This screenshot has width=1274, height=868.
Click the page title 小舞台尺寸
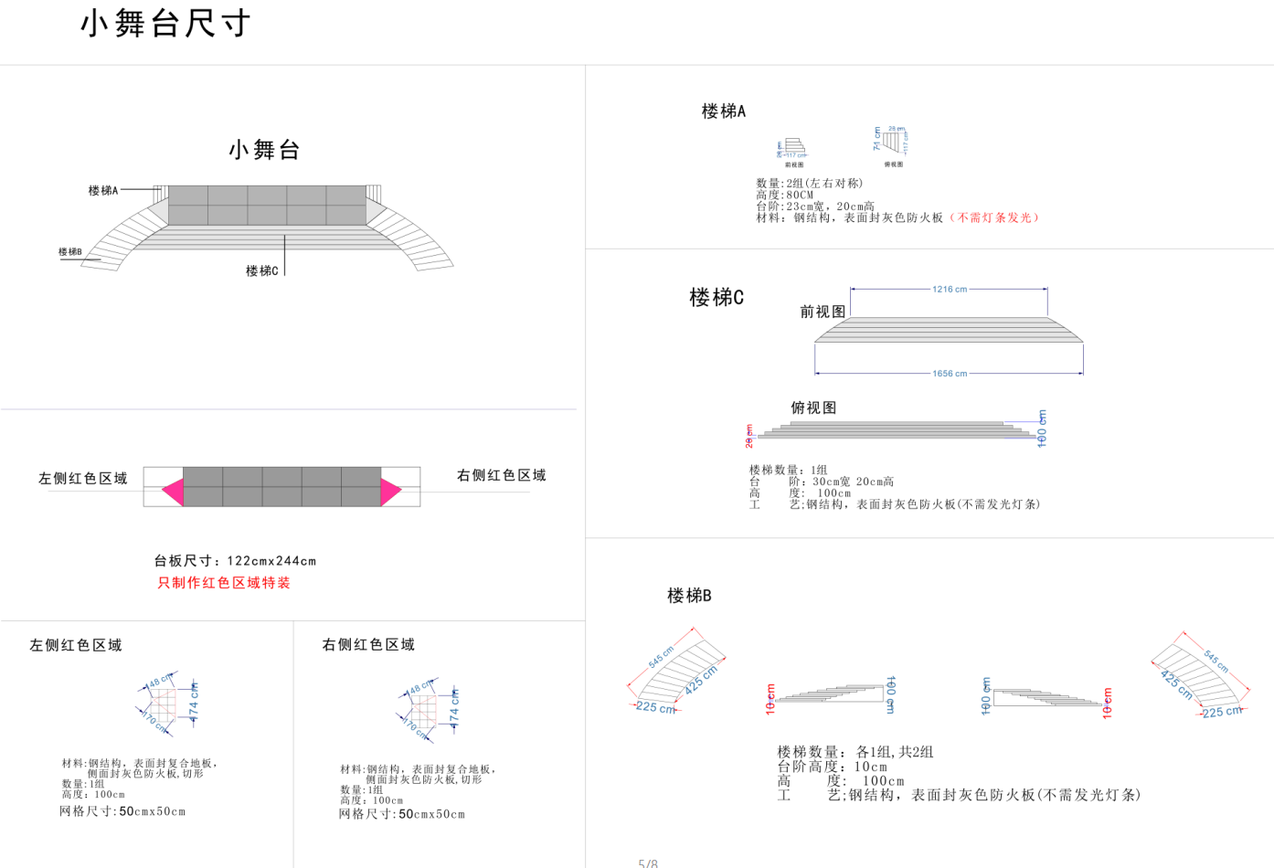pos(165,24)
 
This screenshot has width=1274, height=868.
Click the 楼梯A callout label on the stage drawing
pos(103,190)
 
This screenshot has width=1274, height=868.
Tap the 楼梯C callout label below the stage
pos(261,270)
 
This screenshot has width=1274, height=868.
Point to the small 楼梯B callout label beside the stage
pos(70,251)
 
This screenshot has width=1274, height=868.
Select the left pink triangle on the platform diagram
pos(174,492)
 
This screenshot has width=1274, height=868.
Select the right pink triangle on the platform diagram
pos(390,492)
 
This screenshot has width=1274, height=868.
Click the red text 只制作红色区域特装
pos(224,583)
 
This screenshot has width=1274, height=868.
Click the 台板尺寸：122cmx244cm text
pos(235,561)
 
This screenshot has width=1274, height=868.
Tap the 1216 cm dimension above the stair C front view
pos(949,289)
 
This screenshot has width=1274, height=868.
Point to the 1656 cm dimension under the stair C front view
pos(949,373)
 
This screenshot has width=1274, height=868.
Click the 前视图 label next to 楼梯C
pos(823,312)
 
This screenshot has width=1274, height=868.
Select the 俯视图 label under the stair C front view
pos(813,408)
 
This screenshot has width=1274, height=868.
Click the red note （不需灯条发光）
pos(994,217)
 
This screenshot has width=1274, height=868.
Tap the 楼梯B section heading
pos(689,596)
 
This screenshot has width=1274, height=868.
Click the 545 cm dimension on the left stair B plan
pos(661,656)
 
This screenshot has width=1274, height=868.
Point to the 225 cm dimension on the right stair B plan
pos(1222,712)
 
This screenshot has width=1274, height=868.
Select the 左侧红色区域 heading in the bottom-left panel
pos(76,645)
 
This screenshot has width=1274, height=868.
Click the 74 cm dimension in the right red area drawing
pos(454,705)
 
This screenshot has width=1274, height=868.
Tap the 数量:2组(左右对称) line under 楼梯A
pos(809,183)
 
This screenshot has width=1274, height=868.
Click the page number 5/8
pos(647,863)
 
